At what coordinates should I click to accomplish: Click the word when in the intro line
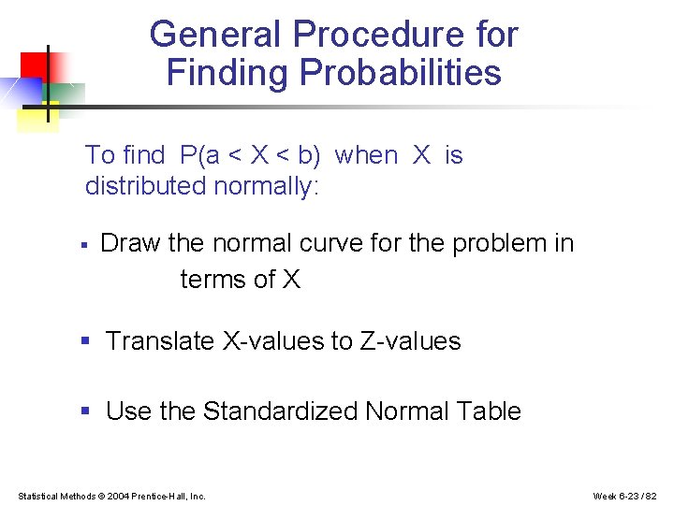[366, 155]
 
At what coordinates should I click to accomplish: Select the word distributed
[145, 185]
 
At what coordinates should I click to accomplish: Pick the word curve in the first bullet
[331, 243]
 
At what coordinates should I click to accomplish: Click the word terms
[213, 279]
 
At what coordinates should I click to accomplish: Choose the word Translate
[160, 341]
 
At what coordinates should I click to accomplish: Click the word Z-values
[410, 341]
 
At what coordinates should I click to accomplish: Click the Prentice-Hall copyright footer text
[111, 496]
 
